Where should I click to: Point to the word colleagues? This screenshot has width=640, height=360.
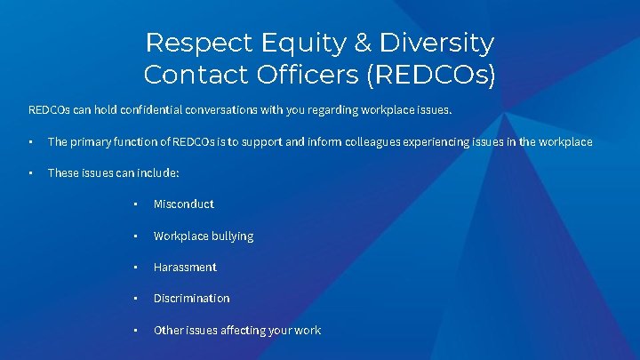(x=388, y=142)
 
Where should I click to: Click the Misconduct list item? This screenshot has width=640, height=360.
(x=183, y=204)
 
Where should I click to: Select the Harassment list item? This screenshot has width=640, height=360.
(x=185, y=268)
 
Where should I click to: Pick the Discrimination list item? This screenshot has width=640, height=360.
(x=191, y=299)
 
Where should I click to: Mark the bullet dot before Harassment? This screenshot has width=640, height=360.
(x=135, y=268)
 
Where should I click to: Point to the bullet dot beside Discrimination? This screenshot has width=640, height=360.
(x=135, y=299)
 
